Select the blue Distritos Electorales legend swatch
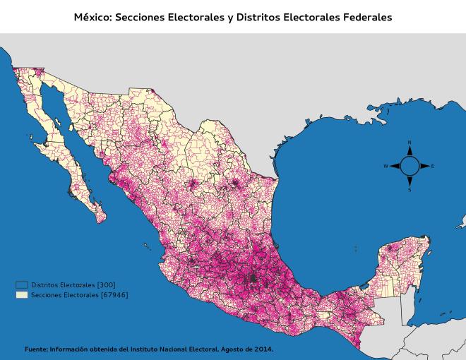(x=22, y=284)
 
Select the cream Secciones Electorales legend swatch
(x=22, y=294)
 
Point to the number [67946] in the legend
(x=114, y=294)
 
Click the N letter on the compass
(x=410, y=143)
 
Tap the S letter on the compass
(x=410, y=189)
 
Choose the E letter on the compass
(x=433, y=166)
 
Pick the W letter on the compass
(x=386, y=166)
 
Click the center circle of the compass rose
(x=410, y=166)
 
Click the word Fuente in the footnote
(x=36, y=349)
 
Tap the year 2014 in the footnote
(x=263, y=349)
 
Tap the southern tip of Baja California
(x=98, y=205)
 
